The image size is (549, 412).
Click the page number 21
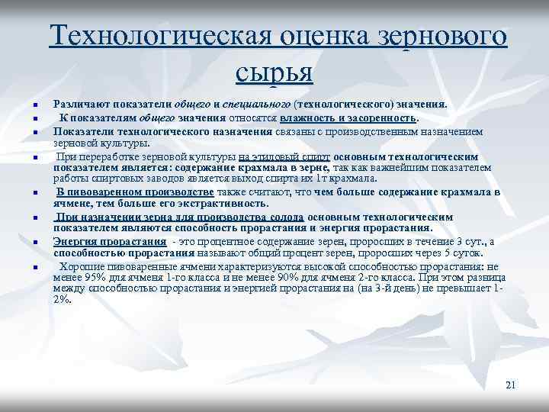click(511, 385)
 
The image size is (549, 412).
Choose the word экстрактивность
click(225, 204)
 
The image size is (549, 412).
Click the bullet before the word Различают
click(36, 105)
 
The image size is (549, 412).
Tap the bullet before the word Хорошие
click(36, 269)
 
